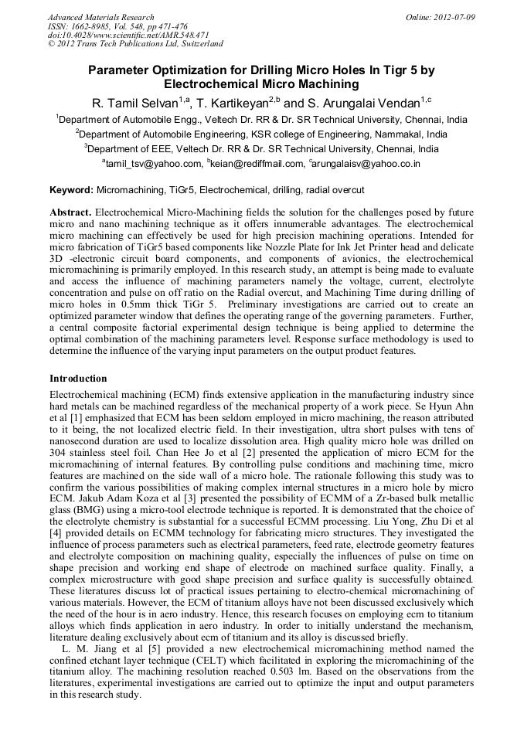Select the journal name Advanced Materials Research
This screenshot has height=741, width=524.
pyautogui.click(x=100, y=17)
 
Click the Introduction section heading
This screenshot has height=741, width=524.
pyautogui.click(x=78, y=379)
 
